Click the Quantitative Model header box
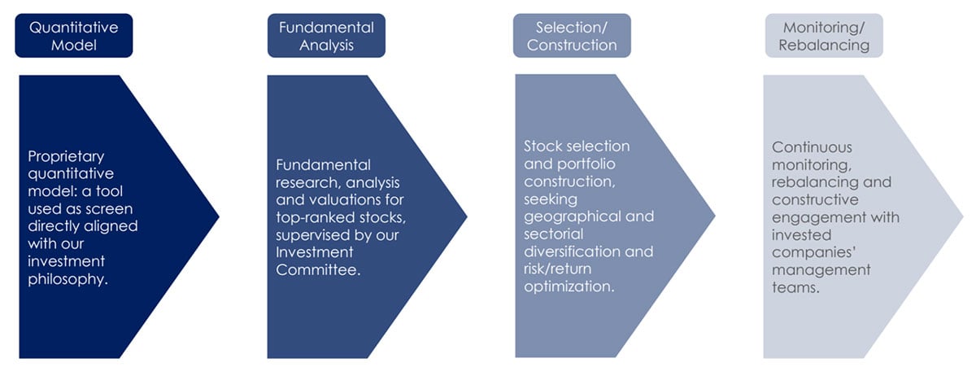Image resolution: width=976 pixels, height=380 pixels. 73,37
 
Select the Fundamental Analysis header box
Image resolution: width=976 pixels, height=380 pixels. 326,37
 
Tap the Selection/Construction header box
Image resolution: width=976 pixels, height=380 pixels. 572,37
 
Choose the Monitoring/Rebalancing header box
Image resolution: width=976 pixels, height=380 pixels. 823,37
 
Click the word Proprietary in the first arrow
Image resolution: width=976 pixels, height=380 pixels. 66,155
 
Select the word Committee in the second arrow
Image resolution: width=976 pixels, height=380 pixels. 318,270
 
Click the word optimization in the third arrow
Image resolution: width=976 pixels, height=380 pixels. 568,287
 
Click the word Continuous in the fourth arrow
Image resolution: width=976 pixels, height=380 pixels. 812,147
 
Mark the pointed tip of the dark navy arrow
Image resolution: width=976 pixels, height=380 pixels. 218,216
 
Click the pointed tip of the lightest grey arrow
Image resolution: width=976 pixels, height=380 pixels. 962,216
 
